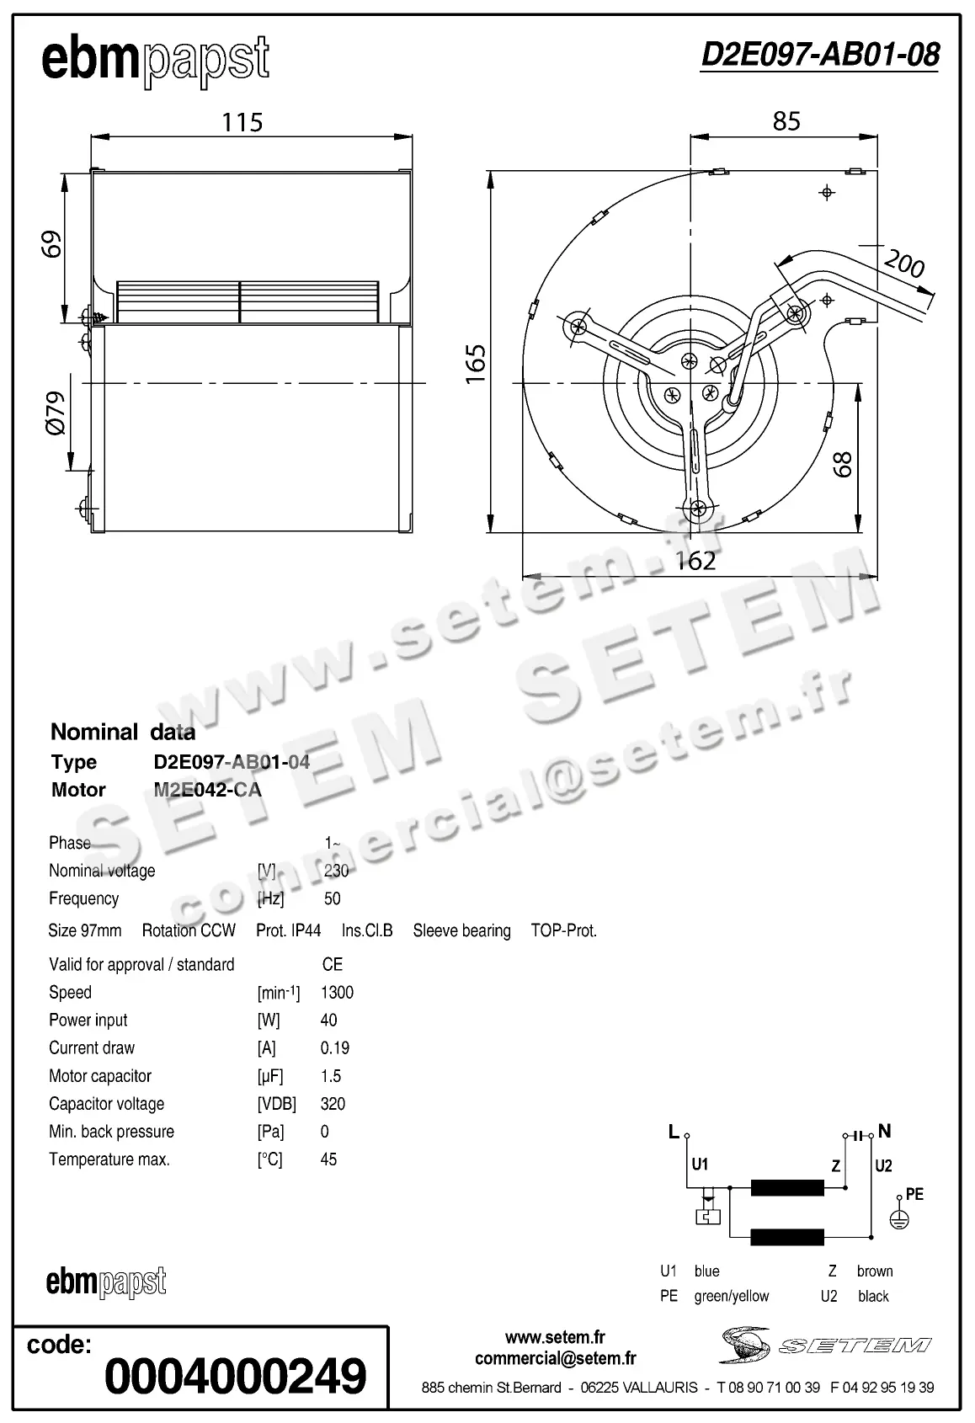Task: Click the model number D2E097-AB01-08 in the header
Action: tap(819, 55)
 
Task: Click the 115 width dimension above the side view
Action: tap(242, 123)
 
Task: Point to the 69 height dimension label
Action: tap(52, 244)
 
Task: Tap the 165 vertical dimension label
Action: tap(477, 363)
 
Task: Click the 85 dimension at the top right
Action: tap(786, 122)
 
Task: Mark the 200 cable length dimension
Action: tap(905, 265)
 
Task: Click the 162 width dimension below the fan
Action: tap(695, 561)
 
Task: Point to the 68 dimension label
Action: tap(842, 464)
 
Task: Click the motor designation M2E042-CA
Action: tap(207, 790)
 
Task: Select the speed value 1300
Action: tap(337, 993)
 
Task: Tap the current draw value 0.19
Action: tap(335, 1048)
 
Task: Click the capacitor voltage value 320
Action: tap(333, 1104)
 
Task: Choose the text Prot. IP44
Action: tap(288, 931)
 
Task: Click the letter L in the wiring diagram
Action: tap(674, 1133)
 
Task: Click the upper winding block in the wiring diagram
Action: tap(787, 1188)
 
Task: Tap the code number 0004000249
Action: tap(236, 1376)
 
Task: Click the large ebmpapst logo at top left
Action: tap(156, 61)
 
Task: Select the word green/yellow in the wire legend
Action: tap(731, 1297)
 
